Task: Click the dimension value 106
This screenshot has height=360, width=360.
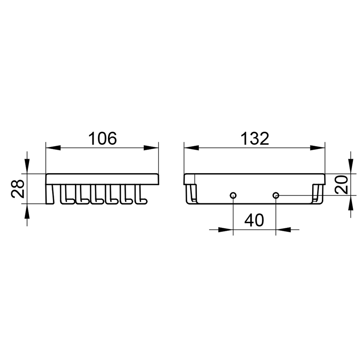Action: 102,138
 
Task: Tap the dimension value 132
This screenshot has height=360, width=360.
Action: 255,138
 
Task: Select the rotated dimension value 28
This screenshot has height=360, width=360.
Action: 18,189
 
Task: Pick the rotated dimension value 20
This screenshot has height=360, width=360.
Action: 341,185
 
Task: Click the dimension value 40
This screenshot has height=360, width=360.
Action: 254,220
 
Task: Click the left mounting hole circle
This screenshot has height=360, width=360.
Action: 233,196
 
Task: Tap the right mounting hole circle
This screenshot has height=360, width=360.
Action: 276,196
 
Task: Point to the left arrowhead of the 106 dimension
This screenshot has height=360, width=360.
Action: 53,148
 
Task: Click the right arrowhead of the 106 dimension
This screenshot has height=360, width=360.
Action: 151,148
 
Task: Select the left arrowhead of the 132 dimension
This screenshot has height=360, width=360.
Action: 191,148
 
